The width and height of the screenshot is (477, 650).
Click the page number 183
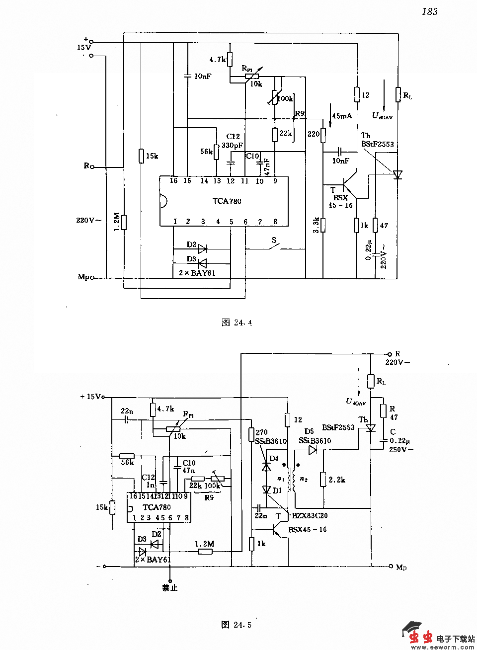click(430, 11)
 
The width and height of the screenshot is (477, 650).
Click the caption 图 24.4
click(237, 323)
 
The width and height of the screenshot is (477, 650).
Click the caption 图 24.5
click(237, 625)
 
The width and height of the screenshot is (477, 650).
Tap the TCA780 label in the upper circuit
click(227, 201)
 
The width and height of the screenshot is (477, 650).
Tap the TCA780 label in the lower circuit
click(157, 507)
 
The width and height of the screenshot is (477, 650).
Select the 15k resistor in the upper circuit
click(141, 156)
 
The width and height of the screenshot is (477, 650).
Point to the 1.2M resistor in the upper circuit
click(124, 222)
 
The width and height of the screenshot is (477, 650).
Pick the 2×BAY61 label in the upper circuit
click(197, 272)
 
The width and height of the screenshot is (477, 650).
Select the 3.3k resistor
click(323, 225)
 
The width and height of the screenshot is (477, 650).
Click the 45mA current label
click(342, 116)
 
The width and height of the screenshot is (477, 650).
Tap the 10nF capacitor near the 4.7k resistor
click(187, 76)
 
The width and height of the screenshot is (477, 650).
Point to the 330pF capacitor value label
click(232, 146)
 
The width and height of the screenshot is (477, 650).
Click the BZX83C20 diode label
click(310, 516)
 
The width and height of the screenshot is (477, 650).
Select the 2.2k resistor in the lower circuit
click(323, 480)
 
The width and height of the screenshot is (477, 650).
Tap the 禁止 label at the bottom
click(169, 587)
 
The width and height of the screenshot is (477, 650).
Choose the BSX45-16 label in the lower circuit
click(308, 530)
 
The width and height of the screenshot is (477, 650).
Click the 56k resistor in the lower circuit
click(127, 456)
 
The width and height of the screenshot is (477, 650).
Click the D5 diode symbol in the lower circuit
click(313, 450)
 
